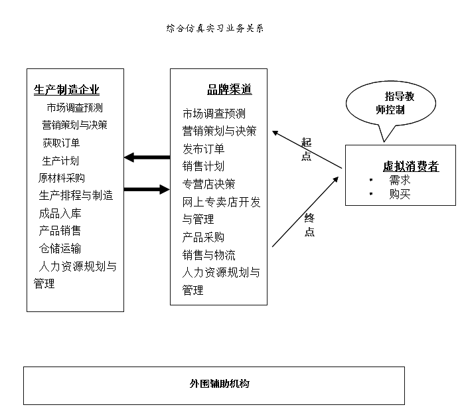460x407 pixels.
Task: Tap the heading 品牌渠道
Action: [x=230, y=90]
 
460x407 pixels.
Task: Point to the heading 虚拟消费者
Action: [x=411, y=167]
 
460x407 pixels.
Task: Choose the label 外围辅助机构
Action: [x=214, y=384]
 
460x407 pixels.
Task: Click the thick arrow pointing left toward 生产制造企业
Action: [x=147, y=157]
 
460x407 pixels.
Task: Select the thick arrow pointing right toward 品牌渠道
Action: [x=147, y=189]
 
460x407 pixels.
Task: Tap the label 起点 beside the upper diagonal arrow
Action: [x=306, y=149]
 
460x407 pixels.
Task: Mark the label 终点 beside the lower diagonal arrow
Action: [x=309, y=225]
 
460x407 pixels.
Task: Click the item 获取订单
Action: [x=62, y=142]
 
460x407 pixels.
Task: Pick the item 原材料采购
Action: [x=62, y=178]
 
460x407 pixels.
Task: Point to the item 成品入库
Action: [x=60, y=213]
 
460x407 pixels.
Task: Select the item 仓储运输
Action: [x=60, y=248]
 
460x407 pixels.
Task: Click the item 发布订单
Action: [x=204, y=149]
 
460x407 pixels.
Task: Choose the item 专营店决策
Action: [x=208, y=184]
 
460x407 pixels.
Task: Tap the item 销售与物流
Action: [x=208, y=255]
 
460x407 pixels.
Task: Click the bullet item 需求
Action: [x=400, y=180]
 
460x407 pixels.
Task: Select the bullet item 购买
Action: [x=400, y=194]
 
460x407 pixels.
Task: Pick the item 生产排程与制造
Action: [x=76, y=195]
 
